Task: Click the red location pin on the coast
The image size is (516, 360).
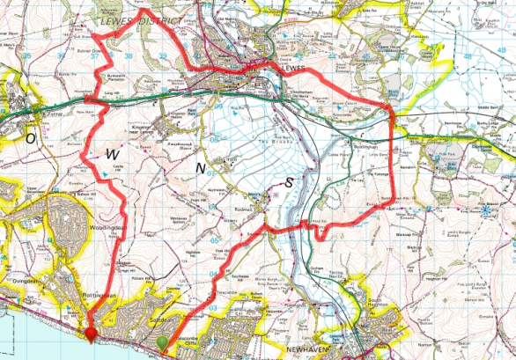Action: tap(91, 333)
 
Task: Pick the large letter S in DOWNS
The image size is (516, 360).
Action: tap(290, 182)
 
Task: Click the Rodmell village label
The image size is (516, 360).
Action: tap(245, 210)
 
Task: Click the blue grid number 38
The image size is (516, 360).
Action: tap(129, 56)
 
